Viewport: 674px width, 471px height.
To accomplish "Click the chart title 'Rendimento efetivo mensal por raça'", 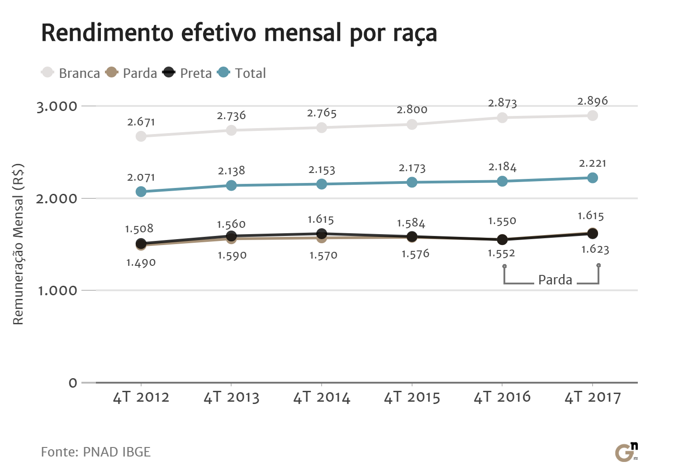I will point(239,33).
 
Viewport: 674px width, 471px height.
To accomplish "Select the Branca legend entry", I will point(71,73).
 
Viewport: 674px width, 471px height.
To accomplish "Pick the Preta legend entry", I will point(188,73).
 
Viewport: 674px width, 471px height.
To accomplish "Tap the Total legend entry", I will point(242,73).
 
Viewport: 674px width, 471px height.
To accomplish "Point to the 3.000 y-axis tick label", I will point(57,106).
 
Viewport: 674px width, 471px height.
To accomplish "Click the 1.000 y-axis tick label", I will point(57,290).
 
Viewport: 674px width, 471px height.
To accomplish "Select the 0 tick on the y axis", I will point(73,383).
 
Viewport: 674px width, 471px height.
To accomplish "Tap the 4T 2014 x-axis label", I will point(322,397).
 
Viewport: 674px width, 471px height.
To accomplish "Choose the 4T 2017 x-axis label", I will point(593,397).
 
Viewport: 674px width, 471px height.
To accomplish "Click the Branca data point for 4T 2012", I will point(141,136).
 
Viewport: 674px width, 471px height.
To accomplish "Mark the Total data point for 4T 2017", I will point(593,178).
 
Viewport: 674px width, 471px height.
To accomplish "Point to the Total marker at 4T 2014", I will point(322,184).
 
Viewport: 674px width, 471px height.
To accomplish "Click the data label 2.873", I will point(502,103).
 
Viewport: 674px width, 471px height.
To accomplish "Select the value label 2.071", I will point(141,178).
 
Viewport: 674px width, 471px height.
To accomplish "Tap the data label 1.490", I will point(141,263).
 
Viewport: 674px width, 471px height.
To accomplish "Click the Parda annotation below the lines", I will point(555,280).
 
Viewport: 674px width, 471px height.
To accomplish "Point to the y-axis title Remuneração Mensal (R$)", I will point(18,244).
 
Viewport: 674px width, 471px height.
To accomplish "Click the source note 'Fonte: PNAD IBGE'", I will point(95,452).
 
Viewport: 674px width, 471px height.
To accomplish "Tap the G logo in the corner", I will point(626,452).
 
